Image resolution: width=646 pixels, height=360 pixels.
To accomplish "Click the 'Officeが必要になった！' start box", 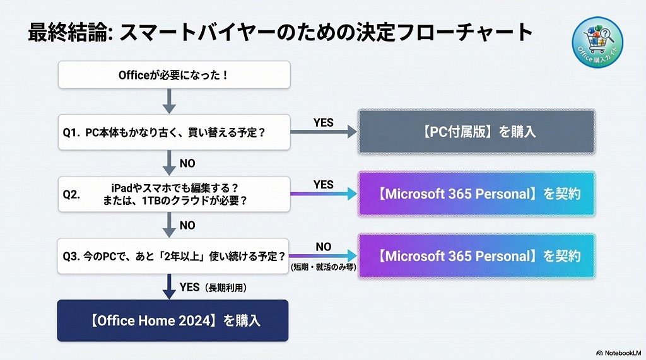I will (x=174, y=75).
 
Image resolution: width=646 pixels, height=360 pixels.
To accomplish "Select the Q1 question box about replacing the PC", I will (x=174, y=132).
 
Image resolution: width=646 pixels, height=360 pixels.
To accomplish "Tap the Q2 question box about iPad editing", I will (x=174, y=194).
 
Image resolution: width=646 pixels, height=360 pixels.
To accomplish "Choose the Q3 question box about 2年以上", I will (x=174, y=256).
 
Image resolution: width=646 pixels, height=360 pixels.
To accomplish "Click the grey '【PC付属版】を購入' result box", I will (x=476, y=132).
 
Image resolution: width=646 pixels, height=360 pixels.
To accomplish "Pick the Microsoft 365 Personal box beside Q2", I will (x=476, y=194).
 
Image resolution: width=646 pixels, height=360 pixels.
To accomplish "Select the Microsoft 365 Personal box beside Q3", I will (x=476, y=256).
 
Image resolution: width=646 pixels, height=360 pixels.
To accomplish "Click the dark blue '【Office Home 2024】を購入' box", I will (x=173, y=320).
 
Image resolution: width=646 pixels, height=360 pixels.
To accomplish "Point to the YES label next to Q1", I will (x=323, y=123).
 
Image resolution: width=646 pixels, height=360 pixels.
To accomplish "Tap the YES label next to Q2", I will (x=323, y=185).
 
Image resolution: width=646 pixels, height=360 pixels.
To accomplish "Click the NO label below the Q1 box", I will (x=187, y=163).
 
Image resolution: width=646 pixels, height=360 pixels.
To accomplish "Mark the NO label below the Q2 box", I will (x=187, y=225).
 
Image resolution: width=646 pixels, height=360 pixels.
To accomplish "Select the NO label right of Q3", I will (x=323, y=247).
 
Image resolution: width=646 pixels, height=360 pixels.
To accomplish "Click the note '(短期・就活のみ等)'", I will (x=323, y=267).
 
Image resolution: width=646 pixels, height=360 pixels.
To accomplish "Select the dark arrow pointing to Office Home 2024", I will (x=168, y=286).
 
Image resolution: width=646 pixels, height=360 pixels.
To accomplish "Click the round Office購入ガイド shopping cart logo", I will (x=597, y=40).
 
